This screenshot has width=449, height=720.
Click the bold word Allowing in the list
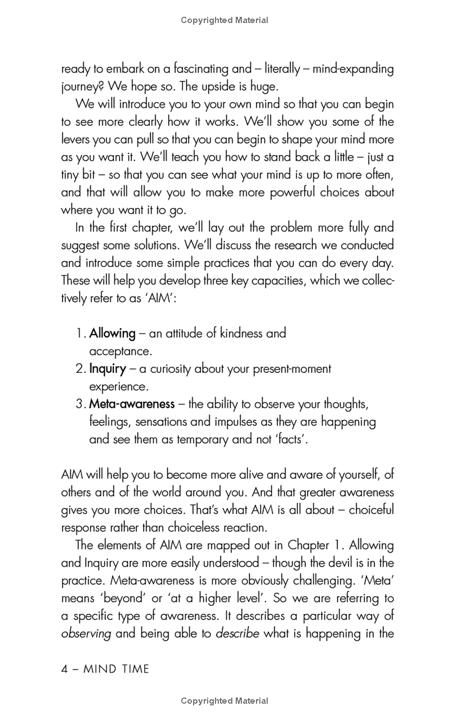click(112, 333)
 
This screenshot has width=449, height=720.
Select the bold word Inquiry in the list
click(107, 369)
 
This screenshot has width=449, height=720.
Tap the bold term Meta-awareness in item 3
click(132, 404)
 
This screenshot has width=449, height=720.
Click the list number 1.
click(80, 333)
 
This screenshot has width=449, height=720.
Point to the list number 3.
click(80, 404)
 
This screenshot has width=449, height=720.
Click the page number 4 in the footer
click(65, 669)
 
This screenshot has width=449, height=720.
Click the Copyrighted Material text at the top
click(224, 20)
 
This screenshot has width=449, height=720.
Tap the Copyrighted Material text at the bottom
click(224, 700)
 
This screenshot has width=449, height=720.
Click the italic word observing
click(86, 634)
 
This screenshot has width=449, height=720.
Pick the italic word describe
click(237, 634)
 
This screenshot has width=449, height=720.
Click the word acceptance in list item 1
click(120, 351)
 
